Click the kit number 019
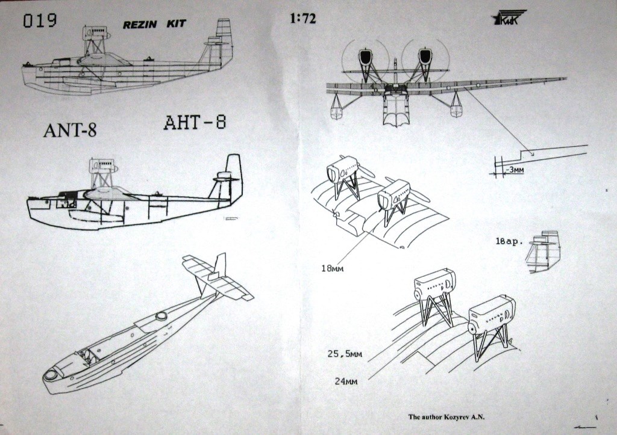click(x=40, y=21)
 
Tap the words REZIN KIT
click(x=155, y=25)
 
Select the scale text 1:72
click(x=302, y=19)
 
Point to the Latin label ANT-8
click(x=70, y=131)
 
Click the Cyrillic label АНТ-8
click(x=195, y=123)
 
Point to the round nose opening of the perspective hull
click(x=51, y=375)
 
